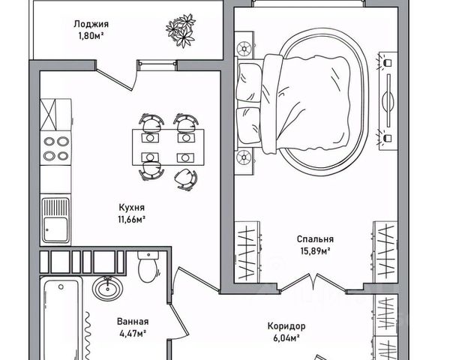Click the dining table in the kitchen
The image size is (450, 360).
(x=166, y=147)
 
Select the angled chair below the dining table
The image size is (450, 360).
(x=184, y=178)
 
